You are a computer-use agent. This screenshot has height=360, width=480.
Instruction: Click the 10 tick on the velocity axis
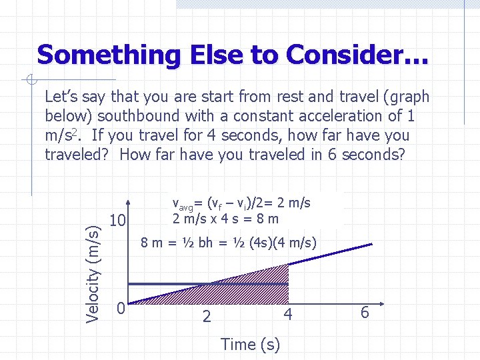(x=119, y=220)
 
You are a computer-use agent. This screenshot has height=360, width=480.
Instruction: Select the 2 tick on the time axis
(x=207, y=316)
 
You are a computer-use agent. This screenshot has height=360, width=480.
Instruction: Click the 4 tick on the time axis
(x=287, y=313)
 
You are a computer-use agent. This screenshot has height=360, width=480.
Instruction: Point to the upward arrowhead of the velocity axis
(x=135, y=201)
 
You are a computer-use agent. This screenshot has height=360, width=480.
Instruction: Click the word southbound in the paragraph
(x=133, y=116)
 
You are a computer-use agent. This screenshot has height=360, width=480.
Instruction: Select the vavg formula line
(x=241, y=203)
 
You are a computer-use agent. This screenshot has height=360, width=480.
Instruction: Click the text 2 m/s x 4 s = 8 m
(x=225, y=218)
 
